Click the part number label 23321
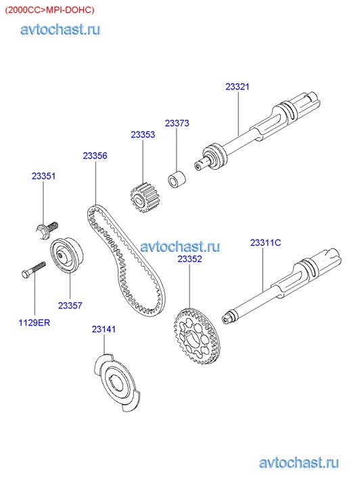coord(238,87)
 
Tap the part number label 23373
coord(177,123)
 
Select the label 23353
coord(143,135)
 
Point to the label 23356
coord(95,156)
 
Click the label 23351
coord(43,176)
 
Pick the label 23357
coord(70,305)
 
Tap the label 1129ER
coord(35,323)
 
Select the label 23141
coord(104,329)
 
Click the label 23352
coord(190,259)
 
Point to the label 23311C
coord(265,242)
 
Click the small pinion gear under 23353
coord(143,198)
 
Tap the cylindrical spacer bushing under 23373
coord(177,179)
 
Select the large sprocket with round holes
coord(196,336)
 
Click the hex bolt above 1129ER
coord(34,270)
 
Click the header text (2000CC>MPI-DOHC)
coord(49,10)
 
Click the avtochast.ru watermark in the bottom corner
coord(298,463)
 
